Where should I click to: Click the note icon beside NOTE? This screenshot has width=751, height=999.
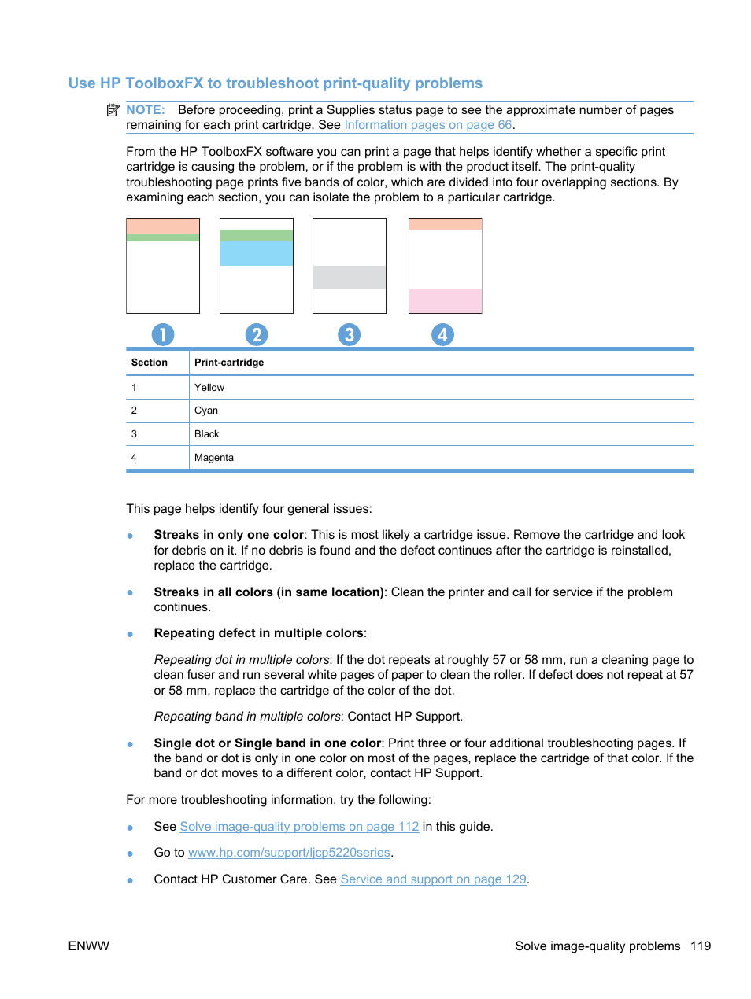pyautogui.click(x=113, y=110)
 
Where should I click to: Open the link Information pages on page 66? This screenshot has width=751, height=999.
pyautogui.click(x=427, y=125)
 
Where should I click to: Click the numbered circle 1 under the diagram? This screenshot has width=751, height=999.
pyautogui.click(x=162, y=335)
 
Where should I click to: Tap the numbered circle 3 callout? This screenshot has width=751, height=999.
pyautogui.click(x=349, y=335)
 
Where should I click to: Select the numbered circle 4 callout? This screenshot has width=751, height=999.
pyautogui.click(x=442, y=335)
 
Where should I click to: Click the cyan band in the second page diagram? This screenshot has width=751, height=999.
pyautogui.click(x=257, y=253)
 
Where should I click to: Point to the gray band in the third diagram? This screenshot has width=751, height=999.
pyautogui.click(x=350, y=278)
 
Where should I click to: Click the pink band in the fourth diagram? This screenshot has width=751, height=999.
pyautogui.click(x=445, y=300)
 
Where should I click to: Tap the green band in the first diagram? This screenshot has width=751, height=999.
pyautogui.click(x=163, y=238)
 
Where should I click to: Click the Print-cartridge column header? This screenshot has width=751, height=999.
pyautogui.click(x=229, y=363)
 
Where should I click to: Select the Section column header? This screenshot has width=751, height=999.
pyautogui.click(x=150, y=363)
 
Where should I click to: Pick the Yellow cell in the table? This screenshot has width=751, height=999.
pyautogui.click(x=209, y=388)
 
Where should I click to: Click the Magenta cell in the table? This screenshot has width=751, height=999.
pyautogui.click(x=214, y=458)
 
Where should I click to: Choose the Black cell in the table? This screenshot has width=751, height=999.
pyautogui.click(x=207, y=434)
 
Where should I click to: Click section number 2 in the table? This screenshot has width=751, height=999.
pyautogui.click(x=134, y=411)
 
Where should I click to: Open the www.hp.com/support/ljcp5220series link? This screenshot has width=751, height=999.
pyautogui.click(x=289, y=853)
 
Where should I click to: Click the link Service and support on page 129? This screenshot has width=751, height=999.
pyautogui.click(x=433, y=879)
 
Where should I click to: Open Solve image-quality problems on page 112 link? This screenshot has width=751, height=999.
pyautogui.click(x=299, y=827)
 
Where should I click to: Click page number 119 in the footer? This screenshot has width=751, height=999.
pyautogui.click(x=701, y=946)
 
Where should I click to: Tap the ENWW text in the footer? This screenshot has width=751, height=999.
pyautogui.click(x=89, y=946)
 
